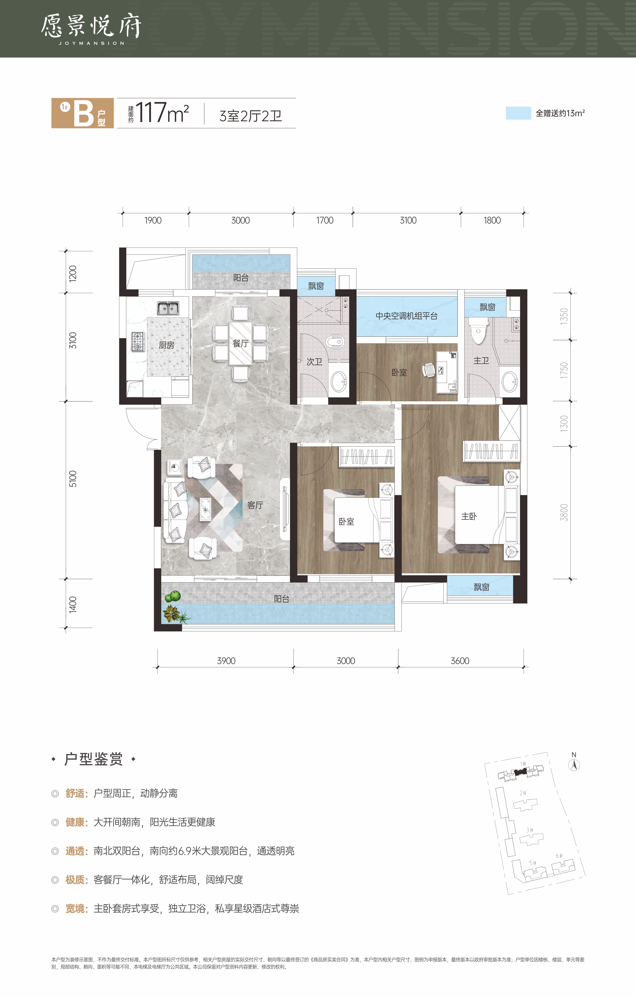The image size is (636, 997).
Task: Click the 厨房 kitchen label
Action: pos(166,345)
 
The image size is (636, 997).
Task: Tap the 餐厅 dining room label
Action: pos(241,343)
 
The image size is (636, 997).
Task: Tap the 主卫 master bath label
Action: pos(481,360)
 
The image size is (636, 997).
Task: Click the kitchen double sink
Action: pos(168,308)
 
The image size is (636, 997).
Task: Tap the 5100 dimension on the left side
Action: pos(73,479)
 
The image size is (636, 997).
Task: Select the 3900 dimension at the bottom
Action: pos(226,661)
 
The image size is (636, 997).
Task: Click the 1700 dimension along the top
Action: pos(325,220)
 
